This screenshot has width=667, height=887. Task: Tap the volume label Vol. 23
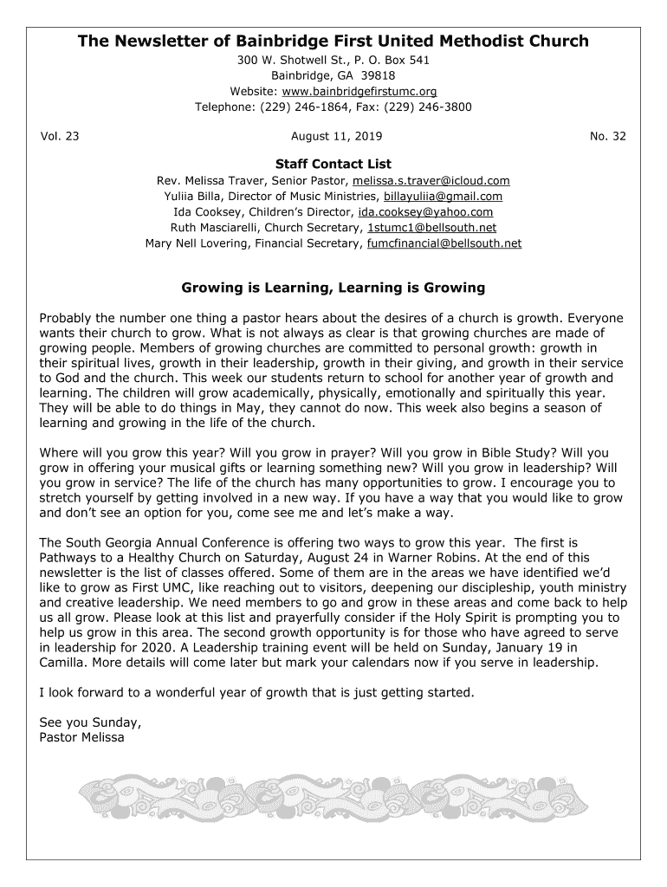(60, 136)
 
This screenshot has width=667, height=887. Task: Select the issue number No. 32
(607, 136)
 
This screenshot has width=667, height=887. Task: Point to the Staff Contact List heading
(333, 164)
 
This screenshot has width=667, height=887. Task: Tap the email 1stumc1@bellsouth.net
(432, 228)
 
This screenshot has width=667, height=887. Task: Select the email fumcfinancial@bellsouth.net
(444, 243)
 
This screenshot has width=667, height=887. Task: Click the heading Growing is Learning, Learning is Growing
(333, 287)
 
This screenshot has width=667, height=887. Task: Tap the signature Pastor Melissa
(82, 738)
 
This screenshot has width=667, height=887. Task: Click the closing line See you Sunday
(90, 722)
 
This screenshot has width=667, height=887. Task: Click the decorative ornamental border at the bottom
(333, 797)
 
